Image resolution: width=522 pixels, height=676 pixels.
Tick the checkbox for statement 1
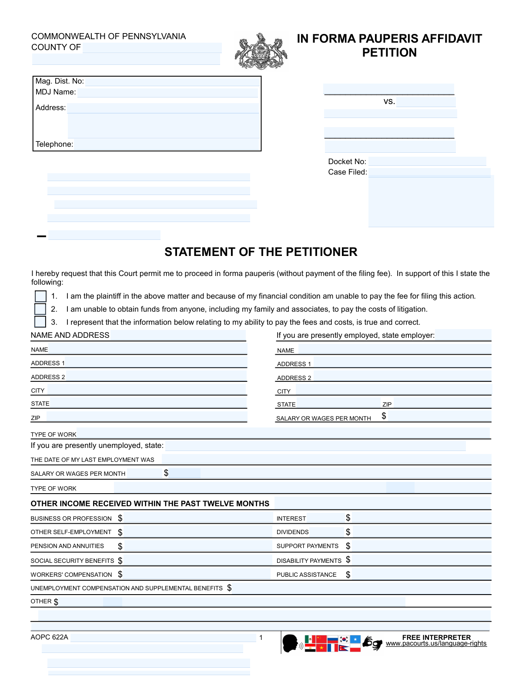pyautogui.click(x=40, y=296)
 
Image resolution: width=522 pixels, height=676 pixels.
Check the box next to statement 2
pyautogui.click(x=40, y=309)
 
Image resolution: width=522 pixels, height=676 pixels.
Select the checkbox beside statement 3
pyautogui.click(x=40, y=322)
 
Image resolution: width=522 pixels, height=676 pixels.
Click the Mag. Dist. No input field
pyautogui.click(x=172, y=81)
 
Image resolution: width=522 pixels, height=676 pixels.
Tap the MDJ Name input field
pyautogui.click(x=168, y=92)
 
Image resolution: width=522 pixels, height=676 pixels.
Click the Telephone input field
pyautogui.click(x=167, y=145)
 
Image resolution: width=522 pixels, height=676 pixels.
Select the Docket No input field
pyautogui.click(x=427, y=161)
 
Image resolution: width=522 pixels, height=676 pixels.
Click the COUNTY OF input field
pyautogui.click(x=152, y=47)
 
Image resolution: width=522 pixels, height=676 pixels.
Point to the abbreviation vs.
pyautogui.click(x=389, y=101)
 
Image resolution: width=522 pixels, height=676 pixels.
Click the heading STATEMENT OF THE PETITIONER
pyautogui.click(x=261, y=252)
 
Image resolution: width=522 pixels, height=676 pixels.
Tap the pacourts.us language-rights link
pyautogui.click(x=436, y=644)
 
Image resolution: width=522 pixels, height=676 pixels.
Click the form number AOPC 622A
pyautogui.click(x=49, y=637)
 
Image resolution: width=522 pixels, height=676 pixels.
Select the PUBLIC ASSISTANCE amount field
pyautogui.click(x=421, y=575)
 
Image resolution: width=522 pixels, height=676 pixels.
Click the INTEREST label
pyautogui.click(x=291, y=518)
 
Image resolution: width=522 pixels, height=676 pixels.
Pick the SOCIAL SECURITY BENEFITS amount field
pyautogui.click(x=197, y=561)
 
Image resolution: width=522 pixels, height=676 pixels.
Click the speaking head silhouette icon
pyautogui.click(x=291, y=643)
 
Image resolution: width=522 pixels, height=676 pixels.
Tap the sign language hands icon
pyautogui.click(x=372, y=643)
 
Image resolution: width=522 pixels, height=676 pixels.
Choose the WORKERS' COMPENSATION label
pyautogui.click(x=71, y=575)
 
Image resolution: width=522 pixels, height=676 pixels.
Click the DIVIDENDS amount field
pyautogui.click(x=421, y=532)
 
